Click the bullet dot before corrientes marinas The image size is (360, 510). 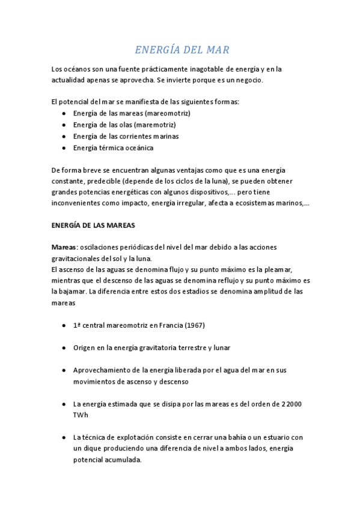coord(64,136)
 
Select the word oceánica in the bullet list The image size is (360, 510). coord(138,147)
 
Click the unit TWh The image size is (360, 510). coord(81,415)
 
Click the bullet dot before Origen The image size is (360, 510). coord(64,348)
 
